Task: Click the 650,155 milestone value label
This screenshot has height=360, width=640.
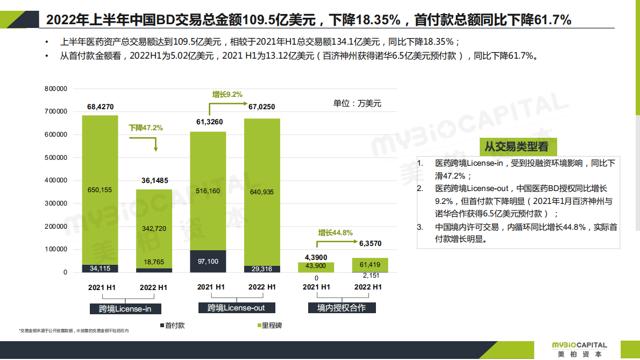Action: point(100,189)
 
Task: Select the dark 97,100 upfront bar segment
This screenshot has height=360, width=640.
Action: point(208,261)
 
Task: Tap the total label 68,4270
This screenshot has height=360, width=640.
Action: point(100,107)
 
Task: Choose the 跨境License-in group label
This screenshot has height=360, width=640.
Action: point(125,309)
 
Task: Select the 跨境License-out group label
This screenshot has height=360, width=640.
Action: point(236,308)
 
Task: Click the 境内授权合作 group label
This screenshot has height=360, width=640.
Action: point(342,308)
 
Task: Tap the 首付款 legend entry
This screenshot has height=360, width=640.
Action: point(172,326)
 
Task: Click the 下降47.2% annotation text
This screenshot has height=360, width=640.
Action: point(145,128)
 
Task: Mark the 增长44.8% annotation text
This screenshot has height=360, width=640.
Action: point(335,233)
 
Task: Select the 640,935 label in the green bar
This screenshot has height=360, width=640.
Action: point(262,192)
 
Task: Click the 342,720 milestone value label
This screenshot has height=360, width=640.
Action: point(154,228)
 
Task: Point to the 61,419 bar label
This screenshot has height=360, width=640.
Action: point(369,264)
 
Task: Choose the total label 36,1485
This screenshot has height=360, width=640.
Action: point(154,180)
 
